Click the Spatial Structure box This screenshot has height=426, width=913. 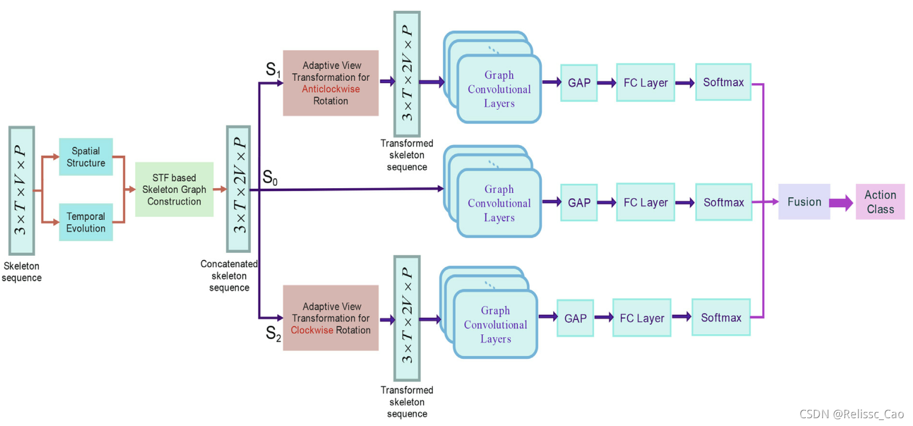(86, 156)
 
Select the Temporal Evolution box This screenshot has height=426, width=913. (86, 222)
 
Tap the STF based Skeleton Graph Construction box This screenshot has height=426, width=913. (174, 189)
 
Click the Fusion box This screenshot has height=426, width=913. (804, 202)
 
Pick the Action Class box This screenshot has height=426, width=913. (879, 202)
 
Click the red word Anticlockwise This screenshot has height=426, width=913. (330, 89)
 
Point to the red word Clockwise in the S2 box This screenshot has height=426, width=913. (311, 330)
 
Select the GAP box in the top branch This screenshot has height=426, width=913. (579, 83)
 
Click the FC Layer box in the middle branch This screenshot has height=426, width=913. (645, 203)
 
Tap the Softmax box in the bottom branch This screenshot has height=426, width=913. (721, 318)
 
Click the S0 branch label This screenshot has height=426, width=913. (271, 177)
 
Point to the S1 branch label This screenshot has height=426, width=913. (273, 70)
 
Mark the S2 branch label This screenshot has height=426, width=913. (273, 334)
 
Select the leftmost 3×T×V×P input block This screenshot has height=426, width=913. (22, 190)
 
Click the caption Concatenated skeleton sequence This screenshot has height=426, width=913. (229, 276)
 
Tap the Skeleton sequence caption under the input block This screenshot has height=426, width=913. (22, 271)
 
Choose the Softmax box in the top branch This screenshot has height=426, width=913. (723, 82)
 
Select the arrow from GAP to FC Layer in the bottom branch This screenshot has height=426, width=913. (603, 318)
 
